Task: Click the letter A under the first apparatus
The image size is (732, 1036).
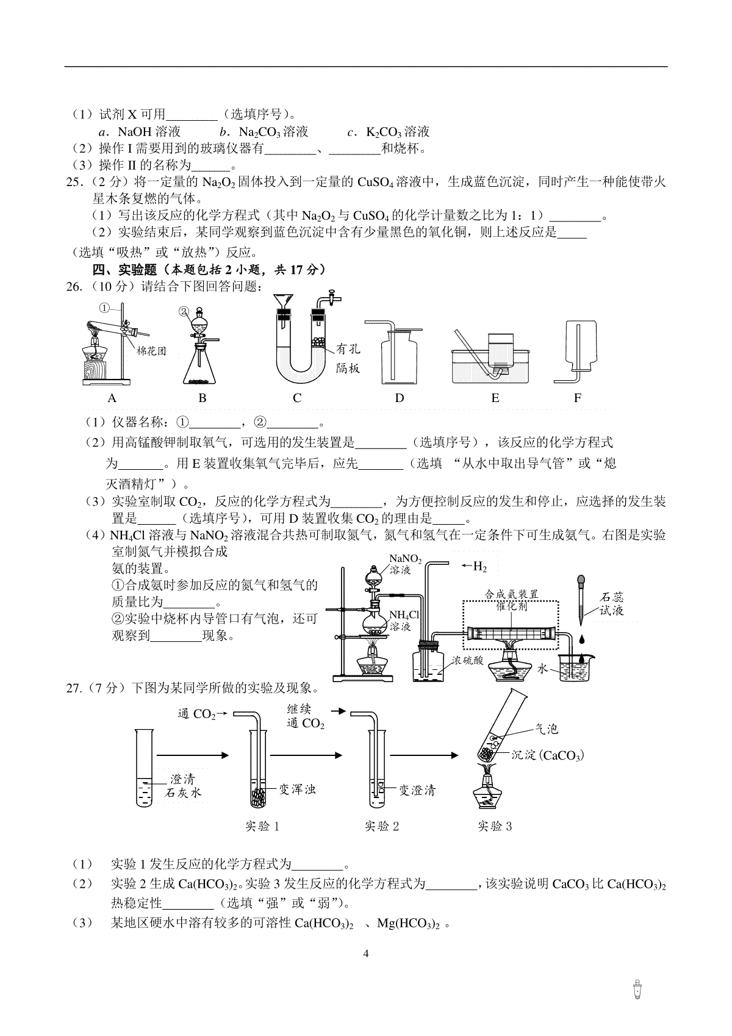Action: tap(112, 398)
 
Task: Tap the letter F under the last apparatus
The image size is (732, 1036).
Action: tap(577, 398)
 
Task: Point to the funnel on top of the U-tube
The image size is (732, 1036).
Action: tap(282, 303)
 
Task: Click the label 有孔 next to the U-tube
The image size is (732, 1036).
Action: tap(348, 349)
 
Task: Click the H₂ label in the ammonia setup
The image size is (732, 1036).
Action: tap(480, 567)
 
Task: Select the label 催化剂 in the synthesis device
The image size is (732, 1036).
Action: tap(511, 607)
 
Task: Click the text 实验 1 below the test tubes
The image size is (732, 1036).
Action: tap(262, 827)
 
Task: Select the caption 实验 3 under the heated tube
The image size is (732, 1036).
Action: tap(495, 827)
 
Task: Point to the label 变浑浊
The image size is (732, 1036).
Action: tap(297, 790)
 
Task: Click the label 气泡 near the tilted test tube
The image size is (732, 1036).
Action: tap(546, 729)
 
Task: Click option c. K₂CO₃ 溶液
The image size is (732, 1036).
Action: tap(389, 132)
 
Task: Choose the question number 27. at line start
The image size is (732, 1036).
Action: tap(74, 688)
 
